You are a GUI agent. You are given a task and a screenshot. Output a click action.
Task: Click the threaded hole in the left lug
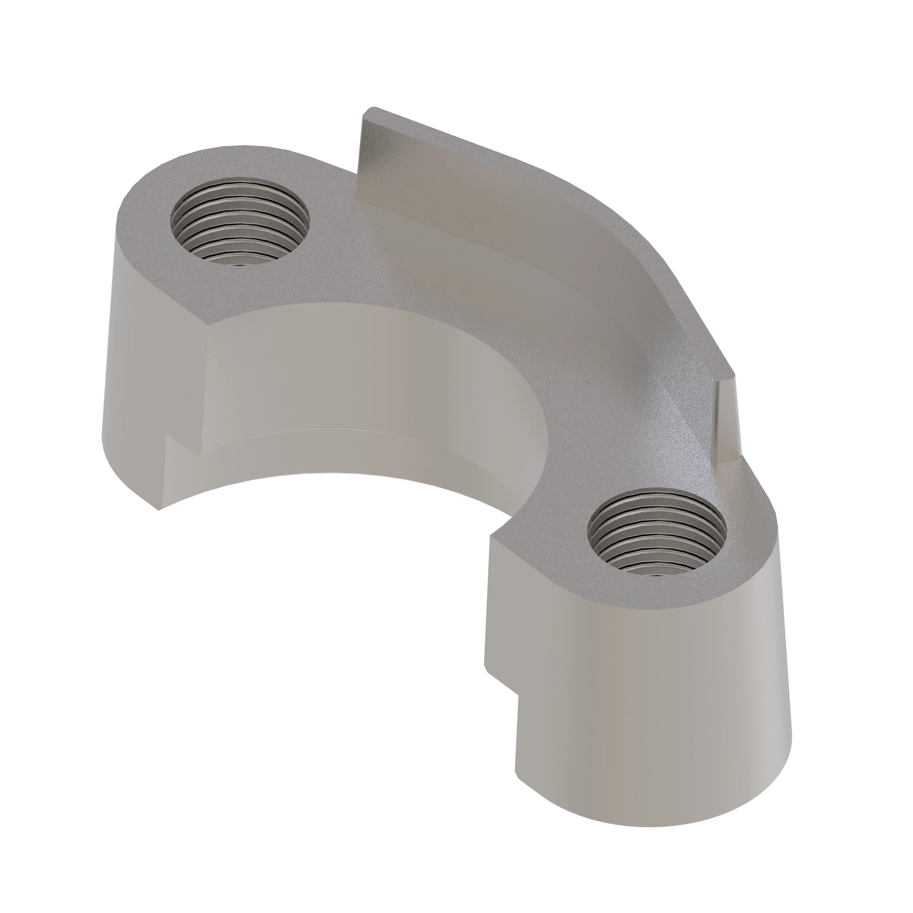(x=240, y=221)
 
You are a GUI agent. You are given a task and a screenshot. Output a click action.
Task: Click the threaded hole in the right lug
(x=656, y=532)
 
